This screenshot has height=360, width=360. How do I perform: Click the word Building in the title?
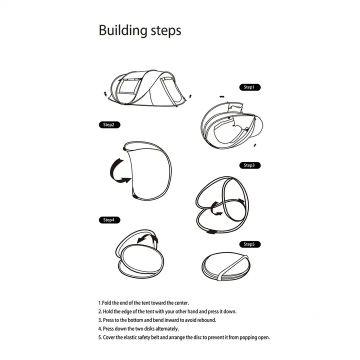[x=123, y=30]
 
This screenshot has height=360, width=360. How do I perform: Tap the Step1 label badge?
[x=250, y=87]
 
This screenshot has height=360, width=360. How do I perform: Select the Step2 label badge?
[x=109, y=125]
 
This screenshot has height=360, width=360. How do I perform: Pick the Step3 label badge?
[x=250, y=165]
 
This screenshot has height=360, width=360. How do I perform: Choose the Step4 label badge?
[x=109, y=220]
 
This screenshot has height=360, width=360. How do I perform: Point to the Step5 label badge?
[x=250, y=244]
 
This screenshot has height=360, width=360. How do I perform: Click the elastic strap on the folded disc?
[x=232, y=267]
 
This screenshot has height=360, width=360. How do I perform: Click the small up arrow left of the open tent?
[x=105, y=93]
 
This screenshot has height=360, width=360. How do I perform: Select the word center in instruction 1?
[x=181, y=303]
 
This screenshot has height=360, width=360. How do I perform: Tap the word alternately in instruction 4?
[x=167, y=329]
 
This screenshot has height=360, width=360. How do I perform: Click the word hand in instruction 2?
[x=192, y=311]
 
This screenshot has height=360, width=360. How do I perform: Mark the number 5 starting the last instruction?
[x=100, y=337]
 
